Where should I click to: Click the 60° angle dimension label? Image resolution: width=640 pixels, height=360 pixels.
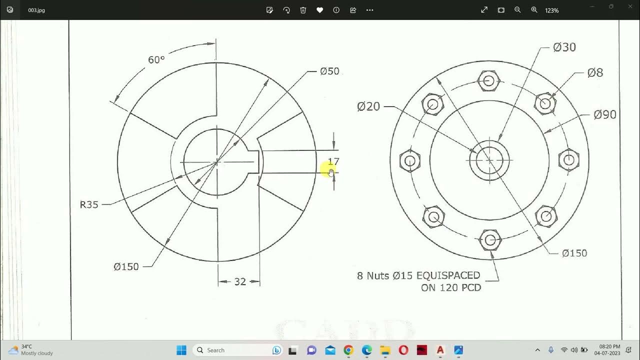(156, 60)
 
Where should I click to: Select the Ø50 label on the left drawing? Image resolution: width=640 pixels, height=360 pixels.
(329, 71)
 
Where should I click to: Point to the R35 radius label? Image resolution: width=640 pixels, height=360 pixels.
(89, 204)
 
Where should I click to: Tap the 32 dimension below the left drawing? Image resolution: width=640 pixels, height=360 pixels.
(240, 282)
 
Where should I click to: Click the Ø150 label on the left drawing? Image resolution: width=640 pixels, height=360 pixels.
(126, 267)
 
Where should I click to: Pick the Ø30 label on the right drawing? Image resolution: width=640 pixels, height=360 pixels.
(564, 47)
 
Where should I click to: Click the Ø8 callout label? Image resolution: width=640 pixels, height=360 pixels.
(595, 73)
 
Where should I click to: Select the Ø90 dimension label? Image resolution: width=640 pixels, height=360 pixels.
(605, 115)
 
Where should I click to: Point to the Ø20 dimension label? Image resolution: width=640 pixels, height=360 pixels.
(368, 106)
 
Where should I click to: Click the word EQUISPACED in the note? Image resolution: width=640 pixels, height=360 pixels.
(448, 275)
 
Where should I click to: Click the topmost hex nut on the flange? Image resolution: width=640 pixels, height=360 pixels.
(489, 80)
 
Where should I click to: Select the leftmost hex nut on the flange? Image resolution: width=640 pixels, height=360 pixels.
(410, 161)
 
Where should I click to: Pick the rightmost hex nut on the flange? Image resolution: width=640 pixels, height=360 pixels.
(568, 160)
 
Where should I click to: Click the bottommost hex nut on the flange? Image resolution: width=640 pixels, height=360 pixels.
(490, 240)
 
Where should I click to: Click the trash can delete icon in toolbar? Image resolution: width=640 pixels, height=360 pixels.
(303, 10)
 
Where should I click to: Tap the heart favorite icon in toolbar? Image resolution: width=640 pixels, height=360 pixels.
(319, 10)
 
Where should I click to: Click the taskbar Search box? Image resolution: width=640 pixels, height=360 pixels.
(230, 350)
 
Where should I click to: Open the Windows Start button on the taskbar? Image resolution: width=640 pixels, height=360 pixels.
(181, 350)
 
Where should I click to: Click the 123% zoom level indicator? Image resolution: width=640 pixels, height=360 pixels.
(552, 10)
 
